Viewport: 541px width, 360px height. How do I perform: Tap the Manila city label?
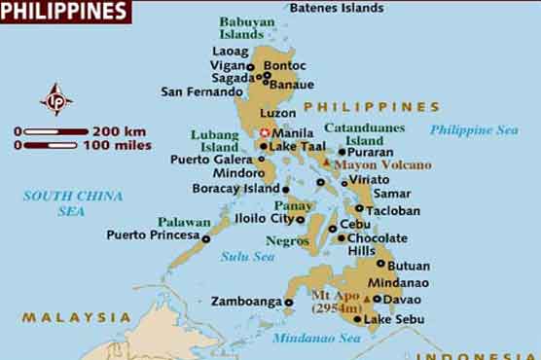click(293, 131)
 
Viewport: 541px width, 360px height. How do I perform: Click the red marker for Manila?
click(264, 132)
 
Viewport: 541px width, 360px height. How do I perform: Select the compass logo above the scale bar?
click(55, 99)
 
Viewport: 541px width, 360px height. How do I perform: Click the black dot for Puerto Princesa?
click(205, 237)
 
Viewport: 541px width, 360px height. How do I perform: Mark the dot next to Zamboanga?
click(289, 303)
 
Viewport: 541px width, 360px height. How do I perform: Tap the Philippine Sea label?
click(474, 129)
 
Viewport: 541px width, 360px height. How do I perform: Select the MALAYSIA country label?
click(76, 317)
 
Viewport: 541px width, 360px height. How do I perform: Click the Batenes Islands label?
click(337, 8)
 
